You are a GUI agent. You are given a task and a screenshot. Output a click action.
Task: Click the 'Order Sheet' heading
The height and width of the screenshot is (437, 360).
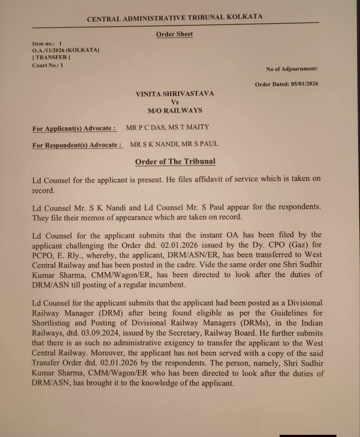(174, 34)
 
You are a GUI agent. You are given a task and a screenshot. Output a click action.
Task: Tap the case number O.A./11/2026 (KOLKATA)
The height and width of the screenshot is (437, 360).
(66, 50)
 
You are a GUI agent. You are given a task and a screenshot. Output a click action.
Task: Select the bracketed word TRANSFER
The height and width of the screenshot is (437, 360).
(51, 57)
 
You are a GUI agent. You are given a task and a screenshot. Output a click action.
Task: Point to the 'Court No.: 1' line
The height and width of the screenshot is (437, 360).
(48, 65)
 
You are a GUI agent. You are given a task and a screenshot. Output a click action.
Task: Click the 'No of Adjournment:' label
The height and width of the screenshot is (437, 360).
(292, 69)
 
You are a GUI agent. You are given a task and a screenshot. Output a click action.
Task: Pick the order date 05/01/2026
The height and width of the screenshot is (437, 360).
(305, 84)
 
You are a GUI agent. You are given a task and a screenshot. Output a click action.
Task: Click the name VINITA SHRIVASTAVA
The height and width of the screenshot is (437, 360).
(175, 94)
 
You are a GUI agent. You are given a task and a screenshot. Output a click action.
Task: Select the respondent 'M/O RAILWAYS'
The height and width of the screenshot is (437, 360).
(175, 111)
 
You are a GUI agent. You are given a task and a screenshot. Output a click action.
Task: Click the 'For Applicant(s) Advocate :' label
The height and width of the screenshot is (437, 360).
(74, 128)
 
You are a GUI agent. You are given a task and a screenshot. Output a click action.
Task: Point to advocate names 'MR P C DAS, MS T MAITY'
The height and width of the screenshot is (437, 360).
(167, 128)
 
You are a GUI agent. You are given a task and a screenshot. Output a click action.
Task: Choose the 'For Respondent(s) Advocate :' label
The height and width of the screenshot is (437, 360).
(77, 145)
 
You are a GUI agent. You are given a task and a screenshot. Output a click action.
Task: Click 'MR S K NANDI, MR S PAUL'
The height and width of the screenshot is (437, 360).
(174, 144)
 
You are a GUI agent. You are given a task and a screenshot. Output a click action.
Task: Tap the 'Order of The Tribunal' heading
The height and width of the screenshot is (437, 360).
(175, 162)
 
